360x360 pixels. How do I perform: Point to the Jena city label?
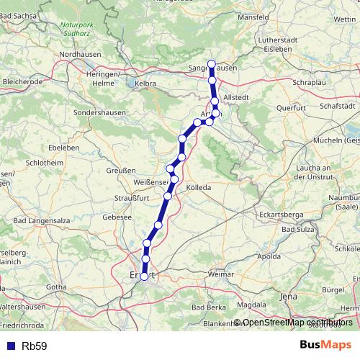(288, 296)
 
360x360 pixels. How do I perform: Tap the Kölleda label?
(199, 187)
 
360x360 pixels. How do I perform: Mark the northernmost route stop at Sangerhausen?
(212, 63)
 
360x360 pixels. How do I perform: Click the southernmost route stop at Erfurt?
(145, 276)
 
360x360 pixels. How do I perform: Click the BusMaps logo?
(326, 345)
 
